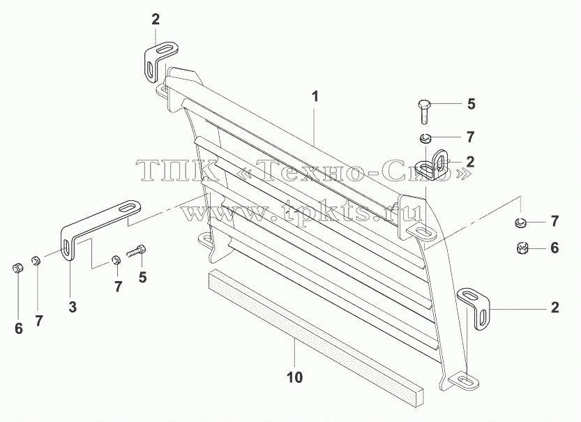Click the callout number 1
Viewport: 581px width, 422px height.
(315, 97)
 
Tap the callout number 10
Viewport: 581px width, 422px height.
(295, 377)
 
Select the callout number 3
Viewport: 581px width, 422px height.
(73, 307)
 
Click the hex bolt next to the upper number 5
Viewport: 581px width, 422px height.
(425, 111)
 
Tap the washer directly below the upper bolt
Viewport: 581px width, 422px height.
(425, 138)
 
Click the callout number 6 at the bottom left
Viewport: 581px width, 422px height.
(19, 329)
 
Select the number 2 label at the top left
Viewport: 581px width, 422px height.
(156, 20)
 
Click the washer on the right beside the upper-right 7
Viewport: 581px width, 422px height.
(520, 223)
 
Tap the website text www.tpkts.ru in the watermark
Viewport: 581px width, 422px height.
(301, 212)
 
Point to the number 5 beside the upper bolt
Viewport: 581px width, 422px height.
(471, 104)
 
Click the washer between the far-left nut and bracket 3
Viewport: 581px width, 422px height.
(36, 260)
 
